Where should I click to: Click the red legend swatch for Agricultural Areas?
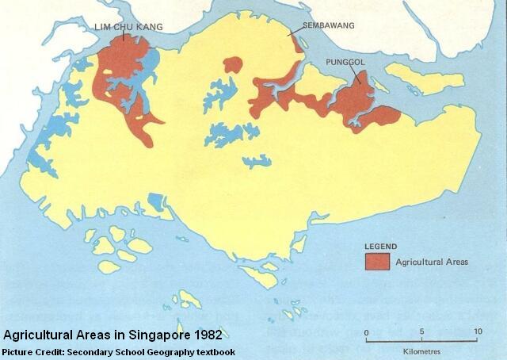point(377,261)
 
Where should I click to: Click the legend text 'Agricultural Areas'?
point(432,261)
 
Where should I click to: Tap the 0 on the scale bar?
point(366,331)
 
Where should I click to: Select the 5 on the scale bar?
point(421,331)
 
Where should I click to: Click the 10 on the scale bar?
point(475,331)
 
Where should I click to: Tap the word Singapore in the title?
point(155,335)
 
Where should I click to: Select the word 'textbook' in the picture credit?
point(213,352)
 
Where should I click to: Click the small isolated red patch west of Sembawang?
point(233,66)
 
